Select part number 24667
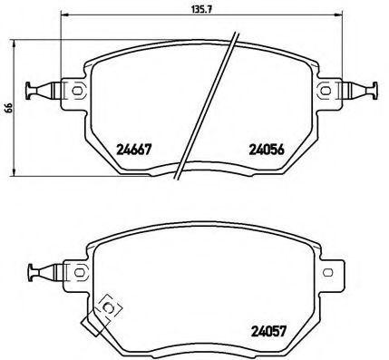[x=134, y=151]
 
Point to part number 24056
[x=267, y=151]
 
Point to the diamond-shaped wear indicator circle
[x=109, y=308]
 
